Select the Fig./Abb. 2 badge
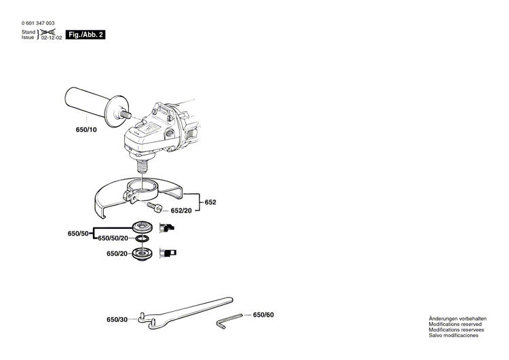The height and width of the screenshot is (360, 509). pyautogui.click(x=87, y=35)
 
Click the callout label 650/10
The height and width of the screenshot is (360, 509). pyautogui.click(x=86, y=127)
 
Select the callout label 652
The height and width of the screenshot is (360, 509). pyautogui.click(x=211, y=202)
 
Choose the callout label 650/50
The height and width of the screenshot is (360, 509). pyautogui.click(x=78, y=233)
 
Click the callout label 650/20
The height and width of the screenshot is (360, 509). pyautogui.click(x=117, y=253)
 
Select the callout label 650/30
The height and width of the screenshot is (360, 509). pyautogui.click(x=117, y=319)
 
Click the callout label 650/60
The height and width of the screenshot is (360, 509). pyautogui.click(x=264, y=314)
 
